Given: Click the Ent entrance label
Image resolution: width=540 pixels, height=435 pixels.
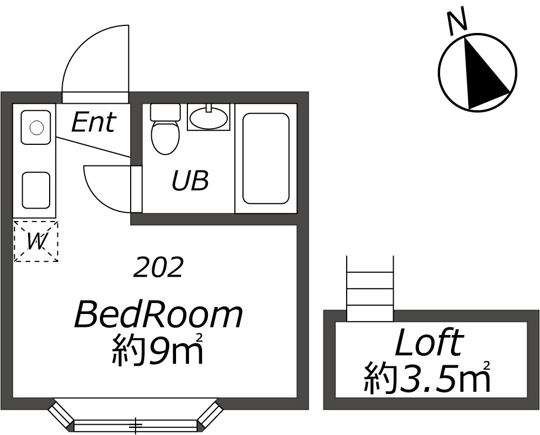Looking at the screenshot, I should click(93, 122).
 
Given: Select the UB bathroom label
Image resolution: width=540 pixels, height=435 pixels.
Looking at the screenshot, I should click(190, 181).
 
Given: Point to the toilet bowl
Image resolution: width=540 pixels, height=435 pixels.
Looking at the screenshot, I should click(165, 138).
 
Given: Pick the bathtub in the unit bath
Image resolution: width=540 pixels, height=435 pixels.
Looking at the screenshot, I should click(266, 158).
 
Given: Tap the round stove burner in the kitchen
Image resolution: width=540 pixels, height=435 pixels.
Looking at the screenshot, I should click(36, 128).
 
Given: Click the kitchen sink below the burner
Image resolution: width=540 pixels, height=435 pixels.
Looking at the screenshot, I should click(36, 189).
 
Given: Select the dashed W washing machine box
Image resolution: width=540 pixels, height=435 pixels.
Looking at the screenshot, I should click(36, 242).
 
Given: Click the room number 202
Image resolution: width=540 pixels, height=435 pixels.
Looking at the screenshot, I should click(159, 267).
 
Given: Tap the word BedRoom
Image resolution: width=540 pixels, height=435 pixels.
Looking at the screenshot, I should click(158, 316).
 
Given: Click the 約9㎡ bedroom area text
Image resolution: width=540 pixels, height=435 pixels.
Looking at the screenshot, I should click(157, 351).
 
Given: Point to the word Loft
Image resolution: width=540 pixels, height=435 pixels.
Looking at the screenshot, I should click(429, 343).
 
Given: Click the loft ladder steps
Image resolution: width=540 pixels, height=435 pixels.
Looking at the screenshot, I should click(370, 289).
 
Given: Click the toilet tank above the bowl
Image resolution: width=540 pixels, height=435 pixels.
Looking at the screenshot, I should click(165, 112).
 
